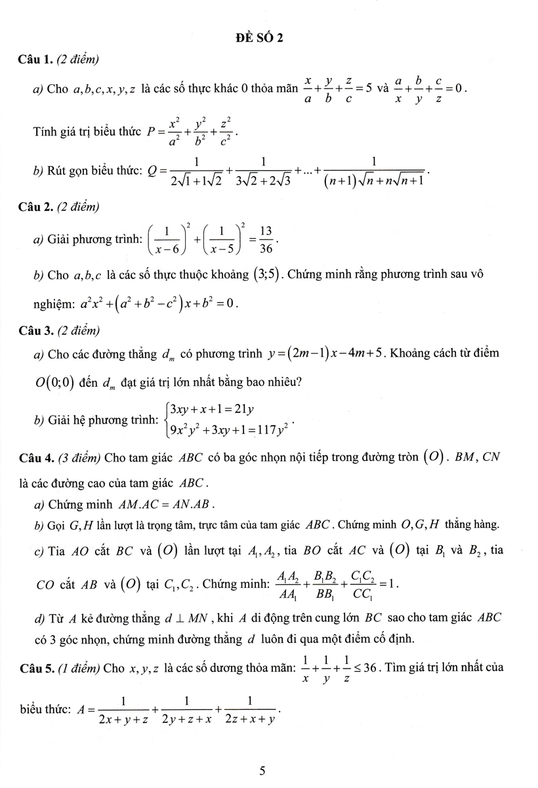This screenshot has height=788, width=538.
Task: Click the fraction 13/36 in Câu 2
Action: tap(266, 239)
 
